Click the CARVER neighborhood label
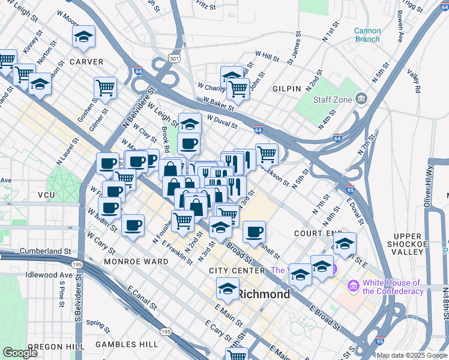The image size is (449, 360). coord(86,62)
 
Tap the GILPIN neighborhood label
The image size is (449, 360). coord(286,89)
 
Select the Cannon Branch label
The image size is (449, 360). coord(367,35)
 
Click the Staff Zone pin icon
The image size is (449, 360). coord(361,98)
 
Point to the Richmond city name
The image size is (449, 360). coord(264,295)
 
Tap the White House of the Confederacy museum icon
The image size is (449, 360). coord(352,287)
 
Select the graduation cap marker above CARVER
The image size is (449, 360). coord(84,36)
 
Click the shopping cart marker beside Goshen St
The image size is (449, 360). coord(105,88)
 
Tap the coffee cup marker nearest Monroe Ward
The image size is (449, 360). coord(133,226)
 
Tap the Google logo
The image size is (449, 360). coord(20,353)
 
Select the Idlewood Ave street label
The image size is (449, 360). coord(49,275)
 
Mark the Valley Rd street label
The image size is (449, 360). coord(413,81)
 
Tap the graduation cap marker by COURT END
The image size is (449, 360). coord(345,243)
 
